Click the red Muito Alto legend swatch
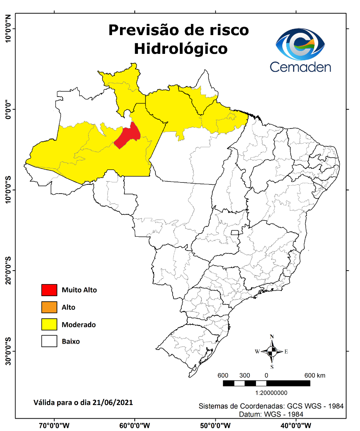pyautogui.click(x=49, y=290)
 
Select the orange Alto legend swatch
pyautogui.click(x=49, y=307)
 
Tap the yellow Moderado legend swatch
pyautogui.click(x=49, y=324)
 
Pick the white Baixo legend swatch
pyautogui.click(x=49, y=342)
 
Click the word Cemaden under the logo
pyautogui.click(x=300, y=66)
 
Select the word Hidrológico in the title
pyautogui.click(x=181, y=48)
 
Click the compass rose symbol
pyautogui.click(x=272, y=352)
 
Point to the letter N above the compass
pyautogui.click(x=272, y=336)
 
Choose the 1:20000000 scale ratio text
pyautogui.click(x=266, y=393)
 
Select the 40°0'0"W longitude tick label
pyautogui.click(x=296, y=425)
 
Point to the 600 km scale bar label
pyautogui.click(x=315, y=376)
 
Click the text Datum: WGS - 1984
pyautogui.click(x=271, y=414)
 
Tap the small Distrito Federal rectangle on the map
pyautogui.click(x=235, y=232)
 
